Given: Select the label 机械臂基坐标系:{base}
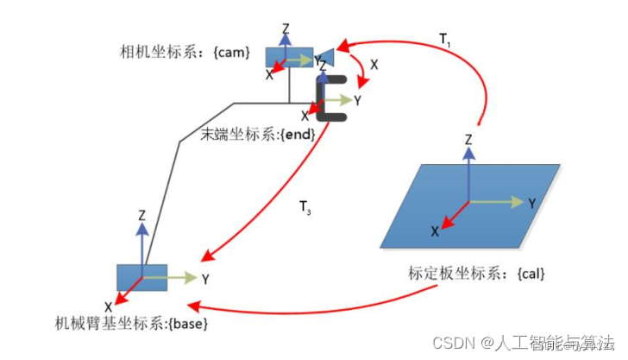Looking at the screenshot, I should point(131,323).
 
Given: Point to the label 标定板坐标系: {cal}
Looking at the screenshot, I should point(477,274).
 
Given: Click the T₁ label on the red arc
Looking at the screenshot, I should point(444,39).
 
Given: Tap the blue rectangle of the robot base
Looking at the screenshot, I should point(140,277).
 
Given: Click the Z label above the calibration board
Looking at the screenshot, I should point(468,139).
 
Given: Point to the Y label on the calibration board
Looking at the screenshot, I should point(532,203).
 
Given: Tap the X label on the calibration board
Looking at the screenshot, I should point(436,231).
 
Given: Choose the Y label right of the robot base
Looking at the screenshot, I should point(205,280).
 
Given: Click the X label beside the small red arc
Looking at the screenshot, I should point(374,64).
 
